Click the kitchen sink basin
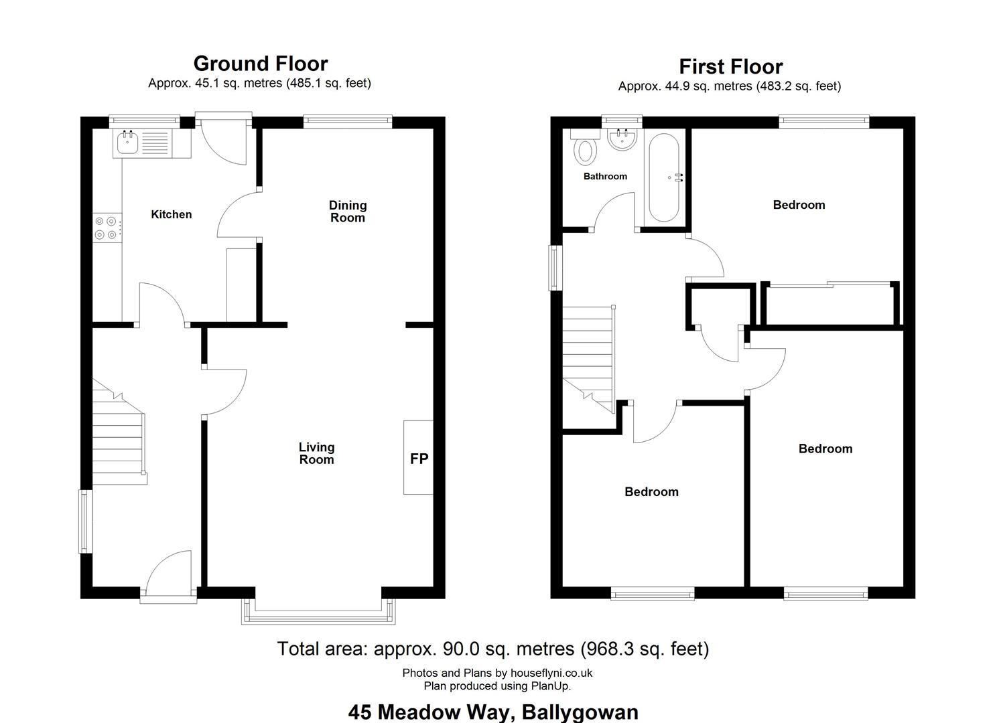point(127,143)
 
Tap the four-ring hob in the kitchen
point(107,228)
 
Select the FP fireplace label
point(419,459)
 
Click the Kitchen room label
point(172,214)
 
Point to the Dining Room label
point(348,212)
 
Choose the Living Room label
point(316,453)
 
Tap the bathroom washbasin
point(622,139)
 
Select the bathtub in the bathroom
point(664,177)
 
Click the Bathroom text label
point(606,176)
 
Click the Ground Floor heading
point(261,64)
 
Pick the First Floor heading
point(731,66)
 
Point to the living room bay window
point(318,612)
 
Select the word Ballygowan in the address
point(580,712)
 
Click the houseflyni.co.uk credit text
point(551,673)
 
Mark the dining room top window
point(348,122)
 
